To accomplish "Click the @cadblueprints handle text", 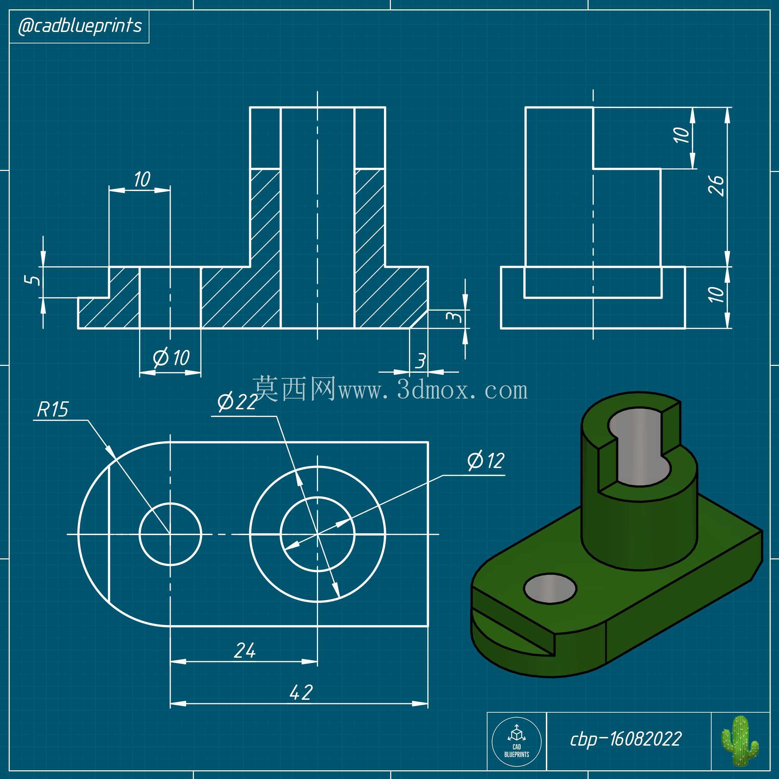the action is click(x=80, y=26).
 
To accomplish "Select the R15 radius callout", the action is click(x=53, y=410).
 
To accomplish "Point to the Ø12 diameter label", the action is click(x=486, y=460).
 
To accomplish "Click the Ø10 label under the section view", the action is click(x=171, y=358).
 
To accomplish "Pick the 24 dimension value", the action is click(x=245, y=650).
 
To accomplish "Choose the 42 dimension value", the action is click(x=301, y=692).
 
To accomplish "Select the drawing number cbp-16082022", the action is click(x=626, y=739).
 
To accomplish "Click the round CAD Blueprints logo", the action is click(x=517, y=742).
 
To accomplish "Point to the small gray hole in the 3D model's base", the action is click(x=550, y=588).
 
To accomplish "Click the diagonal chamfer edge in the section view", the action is click(x=419, y=319).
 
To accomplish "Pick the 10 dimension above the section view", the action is click(x=142, y=179).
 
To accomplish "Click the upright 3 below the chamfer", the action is click(x=420, y=361).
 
